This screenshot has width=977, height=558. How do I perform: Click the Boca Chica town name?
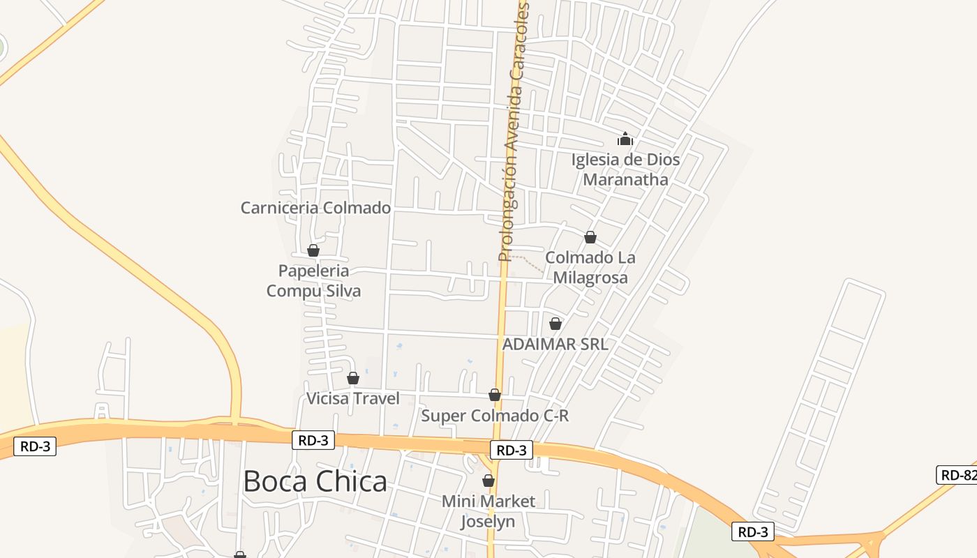tap(315, 482)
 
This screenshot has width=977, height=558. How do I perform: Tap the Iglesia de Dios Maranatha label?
tap(625, 169)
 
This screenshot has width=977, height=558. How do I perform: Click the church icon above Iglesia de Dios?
tap(625, 139)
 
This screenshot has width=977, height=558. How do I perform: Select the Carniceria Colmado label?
tap(315, 208)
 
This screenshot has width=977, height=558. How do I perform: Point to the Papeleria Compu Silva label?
tap(313, 280)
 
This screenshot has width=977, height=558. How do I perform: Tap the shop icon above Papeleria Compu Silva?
tap(313, 250)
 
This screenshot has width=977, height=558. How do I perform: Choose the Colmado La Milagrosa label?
tap(590, 268)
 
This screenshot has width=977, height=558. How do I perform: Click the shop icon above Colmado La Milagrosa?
tap(590, 237)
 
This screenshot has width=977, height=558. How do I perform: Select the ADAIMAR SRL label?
tap(555, 344)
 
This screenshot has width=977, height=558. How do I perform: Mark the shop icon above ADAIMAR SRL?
tap(555, 324)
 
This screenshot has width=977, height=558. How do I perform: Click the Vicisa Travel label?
tap(353, 398)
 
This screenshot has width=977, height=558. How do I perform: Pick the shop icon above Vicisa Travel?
tap(353, 378)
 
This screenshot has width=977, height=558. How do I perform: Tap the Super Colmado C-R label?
tap(495, 416)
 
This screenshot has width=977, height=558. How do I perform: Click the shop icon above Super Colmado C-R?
tap(495, 395)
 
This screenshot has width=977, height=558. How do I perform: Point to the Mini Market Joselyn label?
tap(488, 511)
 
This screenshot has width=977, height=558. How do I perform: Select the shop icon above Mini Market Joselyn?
tap(488, 481)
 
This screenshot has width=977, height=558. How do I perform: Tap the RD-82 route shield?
tap(957, 475)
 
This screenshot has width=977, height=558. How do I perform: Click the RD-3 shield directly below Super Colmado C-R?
tap(512, 450)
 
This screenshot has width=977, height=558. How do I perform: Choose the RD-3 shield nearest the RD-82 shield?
tap(754, 531)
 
